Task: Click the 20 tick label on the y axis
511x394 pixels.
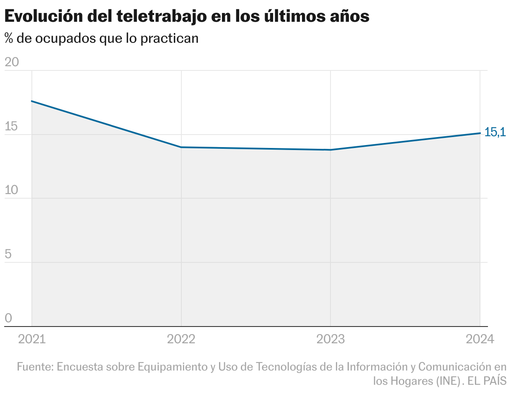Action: pos(12,62)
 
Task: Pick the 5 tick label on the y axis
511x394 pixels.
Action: pos(8,254)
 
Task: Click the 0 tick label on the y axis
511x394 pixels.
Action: pos(8,318)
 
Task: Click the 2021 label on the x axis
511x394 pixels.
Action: pos(32,339)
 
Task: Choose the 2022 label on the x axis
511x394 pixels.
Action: pos(181,339)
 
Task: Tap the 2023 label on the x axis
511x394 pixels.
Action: pos(330,339)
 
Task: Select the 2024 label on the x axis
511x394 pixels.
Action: pos(480,339)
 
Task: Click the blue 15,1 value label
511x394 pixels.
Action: pos(495,132)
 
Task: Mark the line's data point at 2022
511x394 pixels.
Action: pos(181,147)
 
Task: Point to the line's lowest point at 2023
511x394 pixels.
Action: pos(330,150)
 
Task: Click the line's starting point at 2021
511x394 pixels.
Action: pos(32,101)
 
